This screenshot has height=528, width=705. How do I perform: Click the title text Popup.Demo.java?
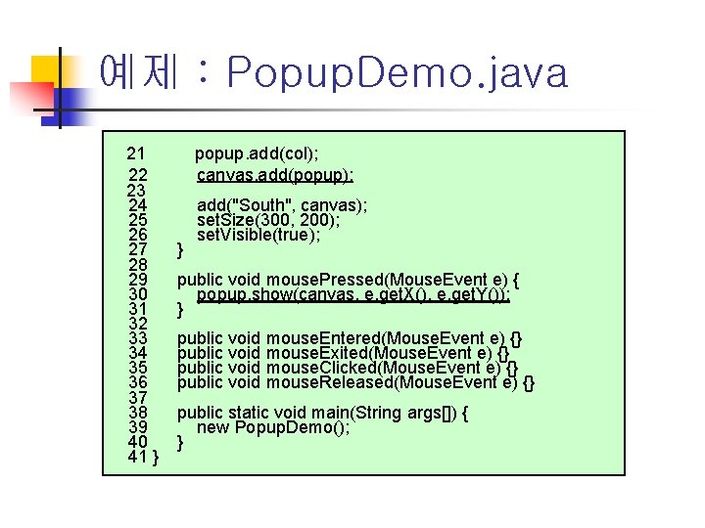click(x=396, y=73)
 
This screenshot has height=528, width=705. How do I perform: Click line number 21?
click(x=136, y=153)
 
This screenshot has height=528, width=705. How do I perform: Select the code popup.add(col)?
click(x=257, y=153)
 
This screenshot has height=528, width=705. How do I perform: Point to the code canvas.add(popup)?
click(x=275, y=175)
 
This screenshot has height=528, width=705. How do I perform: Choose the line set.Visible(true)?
click(x=258, y=235)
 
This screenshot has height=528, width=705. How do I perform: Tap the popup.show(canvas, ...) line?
click(x=353, y=295)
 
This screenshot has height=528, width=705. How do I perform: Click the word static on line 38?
click(x=250, y=413)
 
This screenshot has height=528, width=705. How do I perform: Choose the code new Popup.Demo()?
click(x=273, y=427)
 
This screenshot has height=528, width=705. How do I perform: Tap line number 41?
click(x=137, y=457)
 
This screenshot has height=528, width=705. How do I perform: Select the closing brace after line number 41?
click(x=157, y=458)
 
